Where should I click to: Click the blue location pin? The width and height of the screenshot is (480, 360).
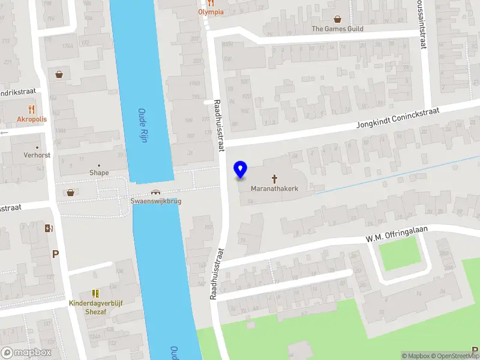point(241,170)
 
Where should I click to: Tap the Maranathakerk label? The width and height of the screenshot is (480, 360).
point(274,188)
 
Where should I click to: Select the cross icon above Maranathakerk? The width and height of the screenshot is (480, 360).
point(275,178)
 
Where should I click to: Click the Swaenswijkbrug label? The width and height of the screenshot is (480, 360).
point(156,201)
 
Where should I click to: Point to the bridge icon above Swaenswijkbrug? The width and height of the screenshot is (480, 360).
point(156,193)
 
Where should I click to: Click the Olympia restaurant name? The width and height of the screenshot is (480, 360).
point(211,12)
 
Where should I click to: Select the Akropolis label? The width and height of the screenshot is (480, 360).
point(32,119)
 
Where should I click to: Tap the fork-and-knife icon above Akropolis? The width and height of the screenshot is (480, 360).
point(32,109)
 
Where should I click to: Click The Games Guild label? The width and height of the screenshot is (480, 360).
point(338,28)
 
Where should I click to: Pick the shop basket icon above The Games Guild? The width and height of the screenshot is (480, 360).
point(338,19)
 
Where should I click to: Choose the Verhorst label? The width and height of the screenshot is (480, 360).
point(37,155)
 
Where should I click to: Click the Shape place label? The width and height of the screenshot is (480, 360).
point(99,173)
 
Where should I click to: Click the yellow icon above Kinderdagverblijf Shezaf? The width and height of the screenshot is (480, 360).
point(95,293)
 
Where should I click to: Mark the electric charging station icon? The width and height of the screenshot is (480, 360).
point(49,228)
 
